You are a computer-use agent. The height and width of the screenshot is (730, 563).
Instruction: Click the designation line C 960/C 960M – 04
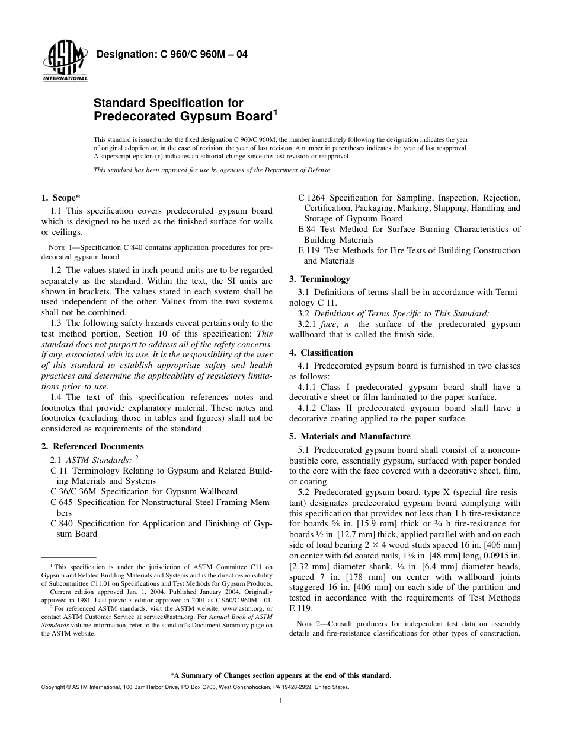[171, 55]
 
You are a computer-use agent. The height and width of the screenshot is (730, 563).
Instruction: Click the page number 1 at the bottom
[281, 701]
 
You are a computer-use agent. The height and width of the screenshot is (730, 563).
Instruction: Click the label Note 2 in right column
[308, 624]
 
